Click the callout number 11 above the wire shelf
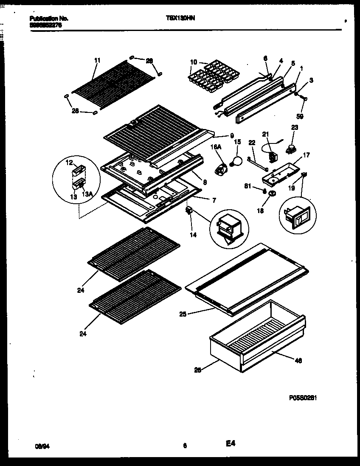97,61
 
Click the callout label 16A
216,146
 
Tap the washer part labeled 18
271,194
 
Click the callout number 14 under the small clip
193,235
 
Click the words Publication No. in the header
49,19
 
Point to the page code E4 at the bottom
231,444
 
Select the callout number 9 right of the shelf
232,136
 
